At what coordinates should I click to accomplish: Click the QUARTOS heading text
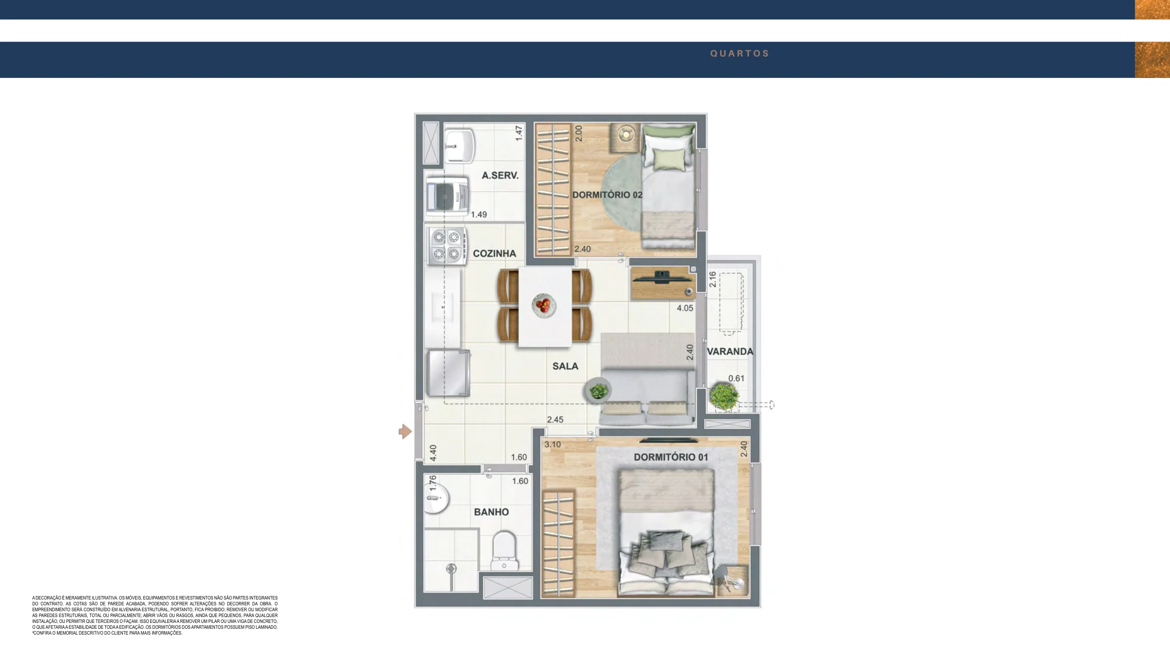pyautogui.click(x=739, y=54)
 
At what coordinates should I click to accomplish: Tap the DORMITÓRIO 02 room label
pyautogui.click(x=607, y=195)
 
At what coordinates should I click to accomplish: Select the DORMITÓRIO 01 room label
pyautogui.click(x=671, y=457)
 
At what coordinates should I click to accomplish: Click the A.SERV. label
pyautogui.click(x=500, y=175)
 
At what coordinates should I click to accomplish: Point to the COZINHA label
pyautogui.click(x=494, y=253)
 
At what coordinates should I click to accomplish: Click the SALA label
pyautogui.click(x=565, y=366)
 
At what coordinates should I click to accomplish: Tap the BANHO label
pyautogui.click(x=491, y=512)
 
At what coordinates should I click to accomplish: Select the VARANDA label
pyautogui.click(x=730, y=351)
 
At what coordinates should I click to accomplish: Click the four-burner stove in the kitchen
pyautogui.click(x=446, y=246)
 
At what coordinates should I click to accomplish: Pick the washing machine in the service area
pyautogui.click(x=447, y=196)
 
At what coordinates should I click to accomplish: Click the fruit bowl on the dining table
pyautogui.click(x=544, y=306)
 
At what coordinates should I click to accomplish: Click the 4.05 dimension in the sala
pyautogui.click(x=685, y=308)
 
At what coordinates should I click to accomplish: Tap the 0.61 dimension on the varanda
pyautogui.click(x=736, y=378)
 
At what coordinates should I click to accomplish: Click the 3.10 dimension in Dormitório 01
pyautogui.click(x=552, y=445)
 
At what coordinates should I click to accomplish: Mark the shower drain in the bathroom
pyautogui.click(x=451, y=568)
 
